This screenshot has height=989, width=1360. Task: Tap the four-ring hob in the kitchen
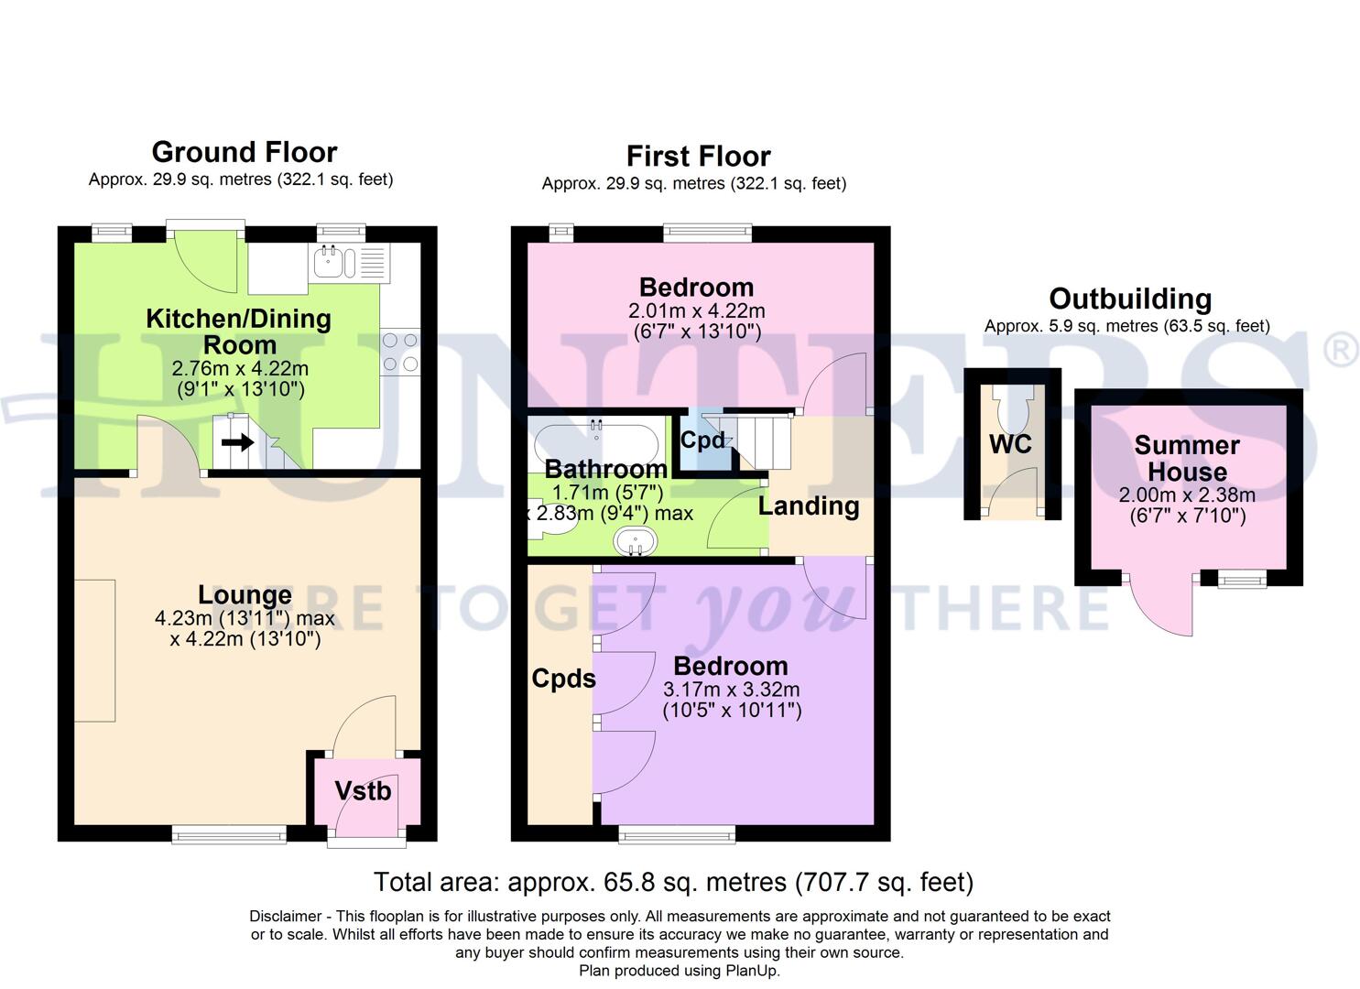tap(400, 352)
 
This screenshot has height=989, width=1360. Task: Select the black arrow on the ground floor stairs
tap(237, 443)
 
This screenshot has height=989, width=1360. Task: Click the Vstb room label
tap(363, 791)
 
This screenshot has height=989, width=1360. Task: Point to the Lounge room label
tap(245, 595)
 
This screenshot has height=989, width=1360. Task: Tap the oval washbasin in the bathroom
tap(634, 541)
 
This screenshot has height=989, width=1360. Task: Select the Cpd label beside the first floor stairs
tap(702, 440)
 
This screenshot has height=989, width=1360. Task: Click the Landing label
tap(809, 506)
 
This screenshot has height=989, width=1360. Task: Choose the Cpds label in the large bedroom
tap(563, 679)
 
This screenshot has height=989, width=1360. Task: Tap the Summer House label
tap(1187, 459)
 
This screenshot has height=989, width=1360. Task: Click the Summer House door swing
tap(1161, 604)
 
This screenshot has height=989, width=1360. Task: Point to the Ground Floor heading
tap(244, 152)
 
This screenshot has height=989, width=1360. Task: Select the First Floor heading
tap(698, 157)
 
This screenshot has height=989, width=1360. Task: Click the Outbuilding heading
tap(1130, 299)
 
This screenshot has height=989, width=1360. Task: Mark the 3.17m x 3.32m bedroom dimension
tap(731, 690)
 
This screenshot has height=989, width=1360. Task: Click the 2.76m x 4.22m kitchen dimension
tap(240, 369)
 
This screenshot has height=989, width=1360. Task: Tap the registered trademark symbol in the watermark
tap(1342, 352)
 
